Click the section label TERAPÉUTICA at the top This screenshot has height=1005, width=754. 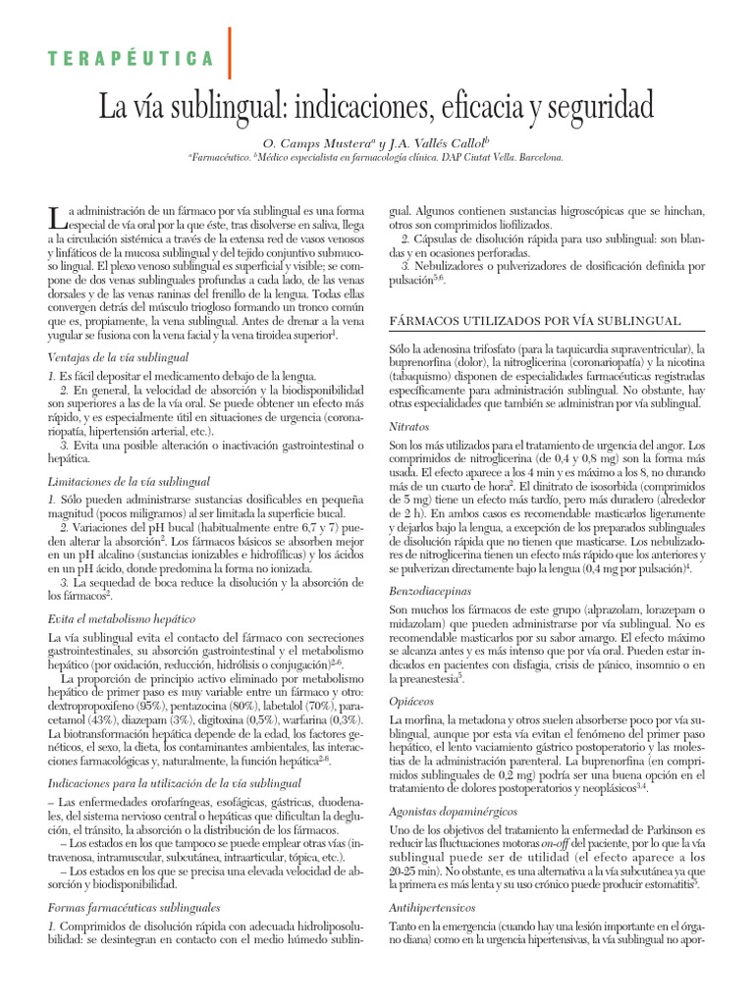point(132,59)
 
